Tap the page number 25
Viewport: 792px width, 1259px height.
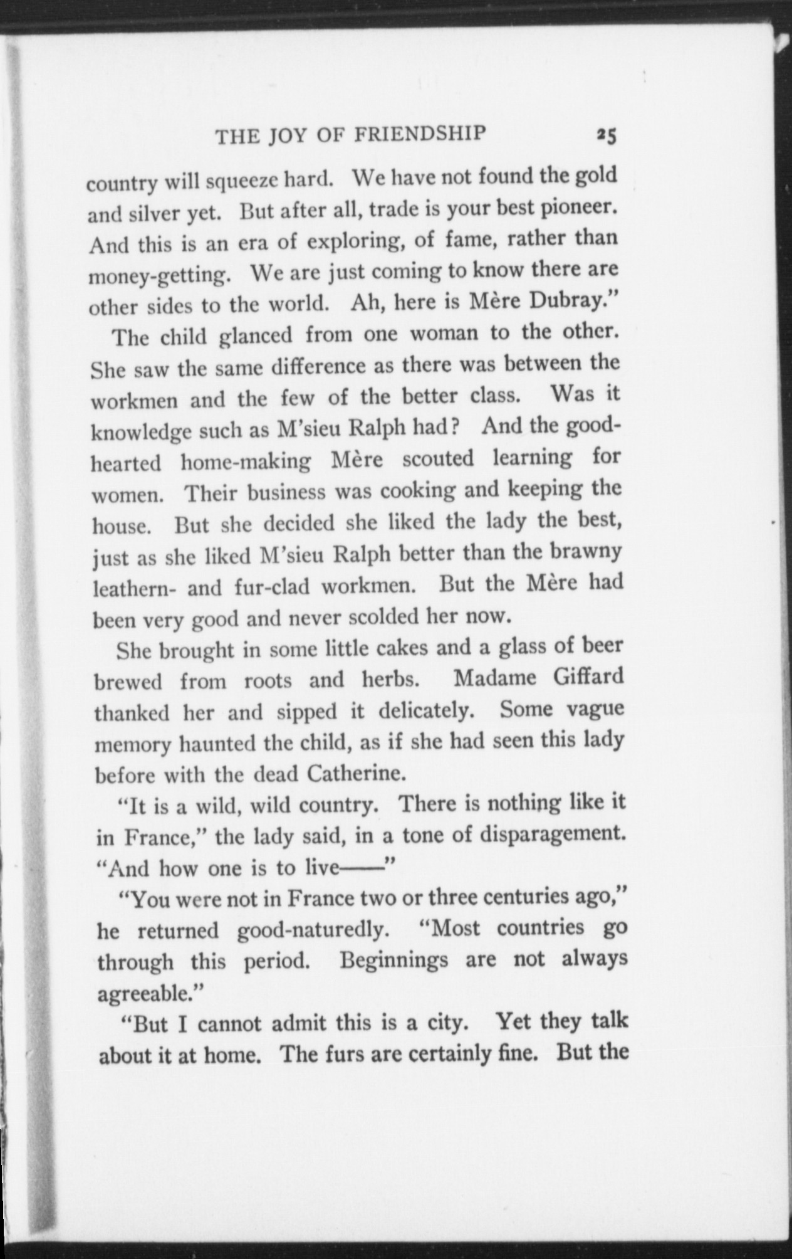pyautogui.click(x=607, y=135)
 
